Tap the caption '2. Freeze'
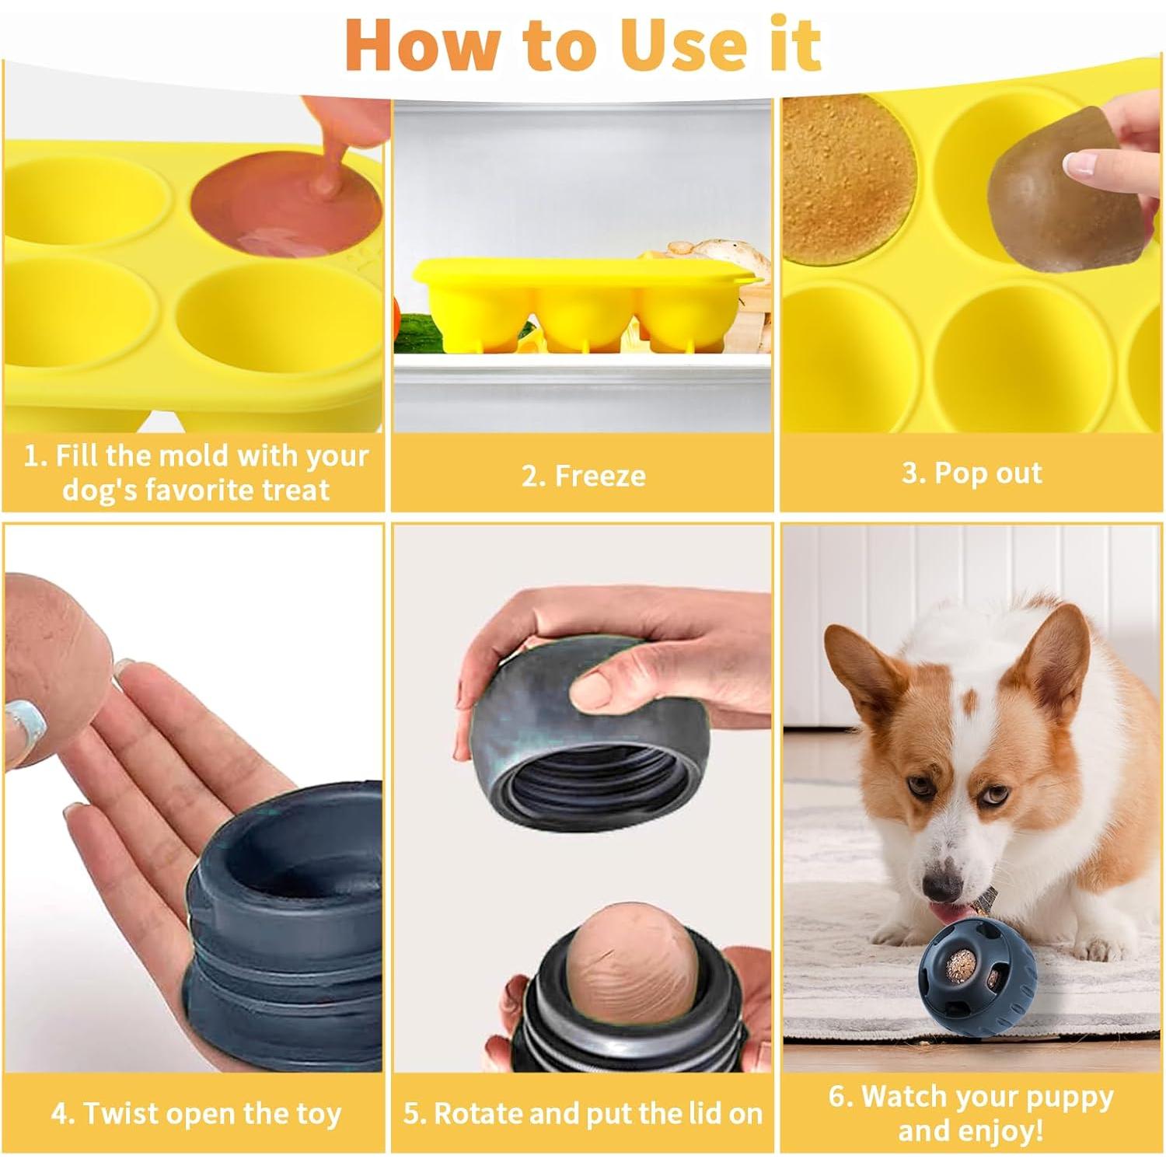(583, 476)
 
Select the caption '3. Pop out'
(972, 473)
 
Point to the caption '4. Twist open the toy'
(196, 1113)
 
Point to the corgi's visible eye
(990, 795)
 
